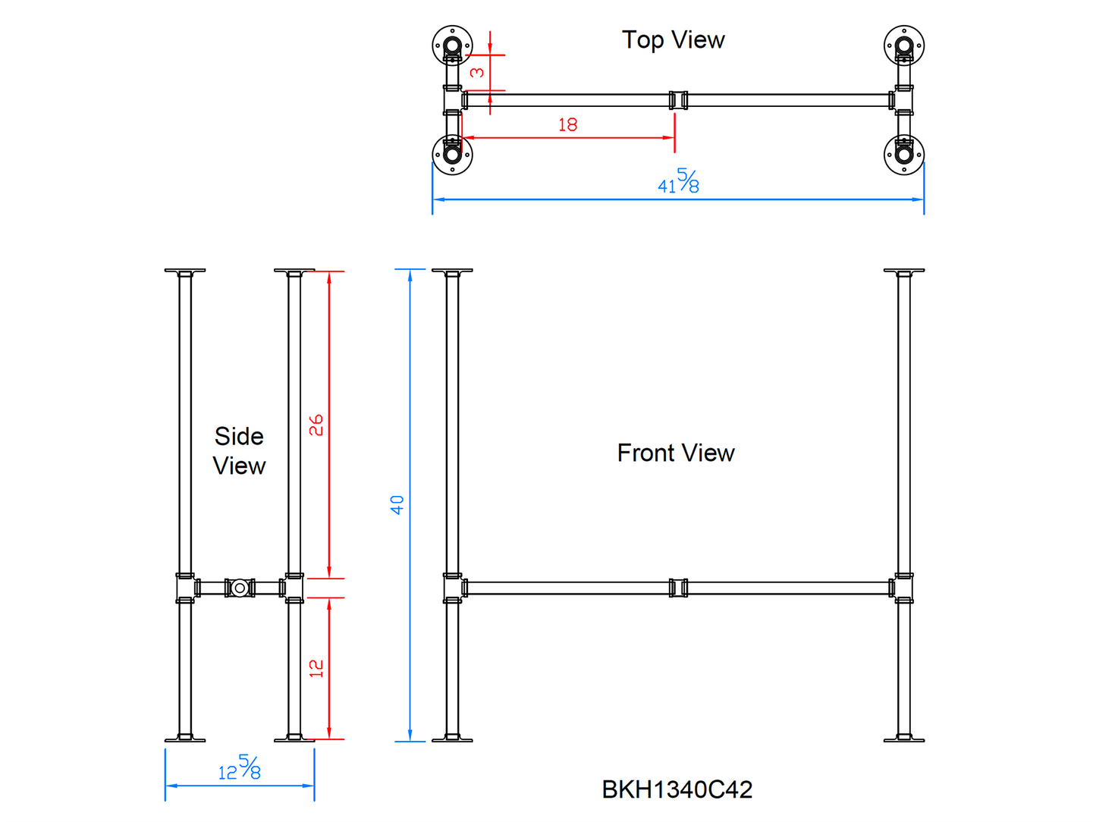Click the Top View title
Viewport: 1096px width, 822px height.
(x=673, y=39)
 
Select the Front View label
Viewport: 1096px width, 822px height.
(x=676, y=453)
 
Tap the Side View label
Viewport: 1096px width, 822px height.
(x=239, y=450)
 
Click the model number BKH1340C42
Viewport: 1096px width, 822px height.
(x=677, y=789)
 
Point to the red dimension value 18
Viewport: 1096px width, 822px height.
(x=567, y=124)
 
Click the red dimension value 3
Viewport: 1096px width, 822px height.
(x=477, y=72)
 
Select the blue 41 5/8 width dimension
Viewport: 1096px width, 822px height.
(x=679, y=182)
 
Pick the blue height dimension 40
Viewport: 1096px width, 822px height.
(x=397, y=504)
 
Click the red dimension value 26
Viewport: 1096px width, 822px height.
(x=316, y=425)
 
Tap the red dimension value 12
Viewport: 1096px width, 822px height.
(x=316, y=668)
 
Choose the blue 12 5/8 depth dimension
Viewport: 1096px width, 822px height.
(x=240, y=768)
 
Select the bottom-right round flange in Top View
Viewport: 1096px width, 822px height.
(x=904, y=154)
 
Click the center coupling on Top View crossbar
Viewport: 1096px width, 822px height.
(x=678, y=100)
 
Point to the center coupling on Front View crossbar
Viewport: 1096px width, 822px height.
(x=678, y=588)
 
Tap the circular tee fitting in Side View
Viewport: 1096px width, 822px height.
(x=240, y=588)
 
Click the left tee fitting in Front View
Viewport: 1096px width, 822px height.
(x=454, y=588)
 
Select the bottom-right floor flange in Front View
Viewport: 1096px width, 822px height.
(x=904, y=738)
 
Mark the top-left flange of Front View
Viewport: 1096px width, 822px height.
(x=452, y=271)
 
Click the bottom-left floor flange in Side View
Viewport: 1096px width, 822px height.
(x=184, y=738)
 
